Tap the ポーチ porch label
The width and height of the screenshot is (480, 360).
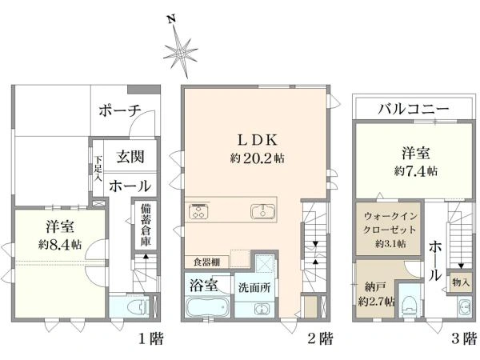(120, 110)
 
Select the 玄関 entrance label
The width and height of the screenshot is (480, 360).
(130, 157)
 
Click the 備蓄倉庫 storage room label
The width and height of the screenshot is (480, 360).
(146, 225)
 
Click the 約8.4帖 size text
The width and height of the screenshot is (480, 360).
(60, 245)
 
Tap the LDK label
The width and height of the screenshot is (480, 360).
(258, 140)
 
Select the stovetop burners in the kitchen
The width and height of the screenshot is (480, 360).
(199, 211)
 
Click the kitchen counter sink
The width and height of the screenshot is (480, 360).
(263, 211)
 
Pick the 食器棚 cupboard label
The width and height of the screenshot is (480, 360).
(206, 262)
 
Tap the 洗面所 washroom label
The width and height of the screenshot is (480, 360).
(254, 287)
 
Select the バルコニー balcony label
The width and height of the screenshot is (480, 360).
(414, 109)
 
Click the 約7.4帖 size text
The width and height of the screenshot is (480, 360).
(416, 171)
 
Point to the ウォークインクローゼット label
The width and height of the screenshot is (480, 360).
(390, 223)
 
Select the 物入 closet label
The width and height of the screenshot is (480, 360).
(461, 282)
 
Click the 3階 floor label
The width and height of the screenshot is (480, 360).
(464, 339)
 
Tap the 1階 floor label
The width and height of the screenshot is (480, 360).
(151, 339)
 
